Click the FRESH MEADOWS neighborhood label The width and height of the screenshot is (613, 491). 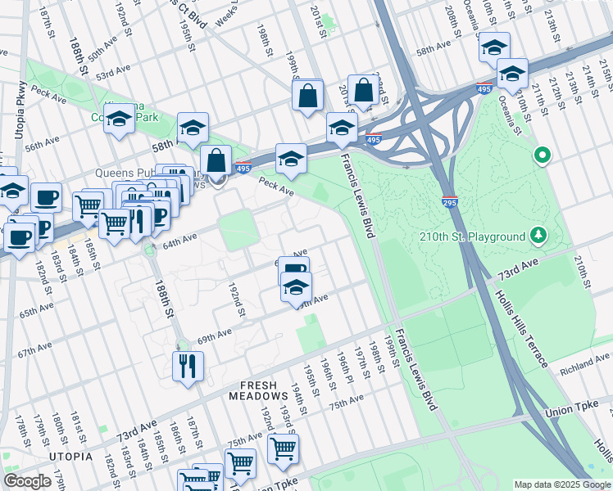point(263,390)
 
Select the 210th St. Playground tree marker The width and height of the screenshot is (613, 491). point(538,236)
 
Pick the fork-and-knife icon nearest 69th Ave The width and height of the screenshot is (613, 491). point(188,366)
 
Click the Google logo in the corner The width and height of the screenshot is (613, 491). point(27,481)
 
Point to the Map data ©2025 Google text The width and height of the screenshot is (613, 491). point(562,484)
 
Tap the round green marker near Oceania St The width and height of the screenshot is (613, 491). point(541,154)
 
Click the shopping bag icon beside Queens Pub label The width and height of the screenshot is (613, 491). point(216,160)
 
